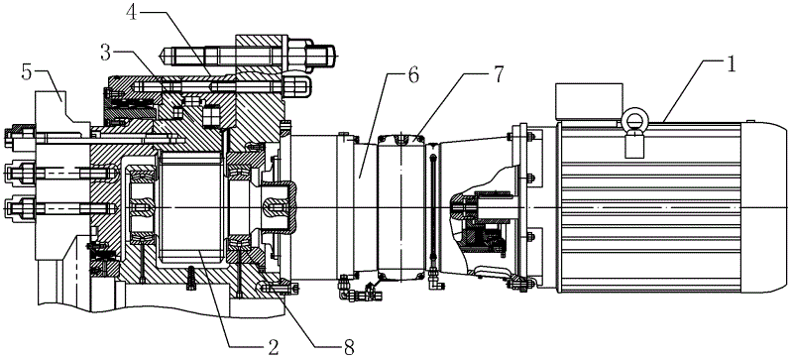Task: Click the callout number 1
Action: pos(731,65)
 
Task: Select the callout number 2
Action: pos(273,348)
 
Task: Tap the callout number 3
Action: pos(106,53)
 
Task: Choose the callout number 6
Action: pos(413,75)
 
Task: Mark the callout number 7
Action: pos(498,75)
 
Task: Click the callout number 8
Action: pos(348,348)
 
